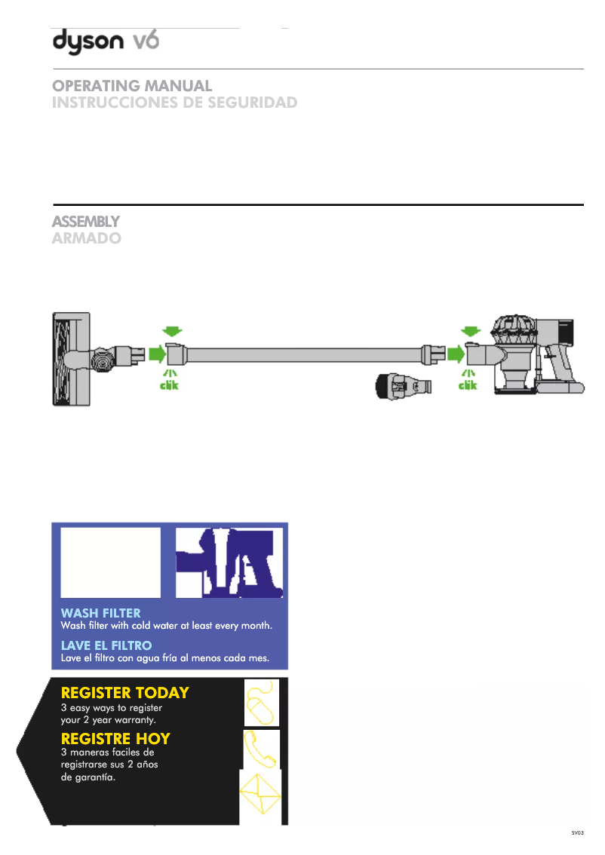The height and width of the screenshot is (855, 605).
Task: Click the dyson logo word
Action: (88, 41)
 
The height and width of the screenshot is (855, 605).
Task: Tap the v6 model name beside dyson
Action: (146, 41)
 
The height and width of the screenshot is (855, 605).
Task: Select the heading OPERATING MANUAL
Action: (132, 86)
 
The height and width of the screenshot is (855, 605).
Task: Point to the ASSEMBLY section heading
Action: (86, 222)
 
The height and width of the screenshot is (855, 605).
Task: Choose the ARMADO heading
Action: (87, 238)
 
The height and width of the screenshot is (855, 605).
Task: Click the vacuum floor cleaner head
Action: (72, 359)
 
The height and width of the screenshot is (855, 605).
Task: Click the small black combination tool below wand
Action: (403, 386)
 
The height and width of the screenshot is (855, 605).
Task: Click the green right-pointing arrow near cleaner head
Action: (157, 354)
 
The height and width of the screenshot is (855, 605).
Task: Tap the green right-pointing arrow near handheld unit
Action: (456, 354)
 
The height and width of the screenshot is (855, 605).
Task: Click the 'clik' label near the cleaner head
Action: (169, 385)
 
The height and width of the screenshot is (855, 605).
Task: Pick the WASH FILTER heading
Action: (101, 613)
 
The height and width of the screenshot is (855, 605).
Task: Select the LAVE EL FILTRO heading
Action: (106, 645)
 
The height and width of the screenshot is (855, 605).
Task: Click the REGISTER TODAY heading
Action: (125, 692)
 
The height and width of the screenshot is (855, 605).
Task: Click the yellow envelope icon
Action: (260, 794)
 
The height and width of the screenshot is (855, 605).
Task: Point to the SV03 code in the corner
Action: (578, 832)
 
